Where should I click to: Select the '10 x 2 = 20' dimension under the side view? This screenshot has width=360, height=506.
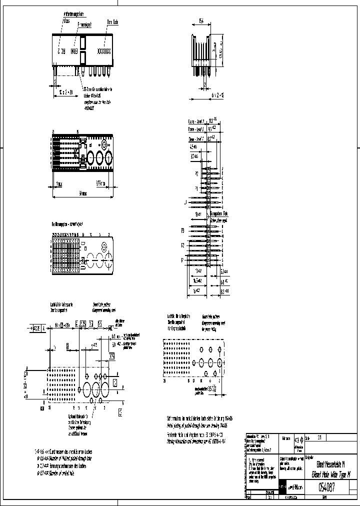(65, 92)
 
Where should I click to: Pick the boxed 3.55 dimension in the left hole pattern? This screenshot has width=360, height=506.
(112, 356)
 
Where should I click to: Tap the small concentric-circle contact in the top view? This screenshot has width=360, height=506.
(103, 145)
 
